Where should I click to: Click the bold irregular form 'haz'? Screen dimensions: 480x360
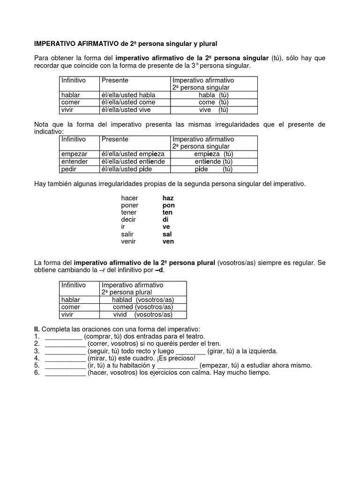[x=168, y=198]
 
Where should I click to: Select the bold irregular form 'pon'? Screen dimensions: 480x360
[x=168, y=205]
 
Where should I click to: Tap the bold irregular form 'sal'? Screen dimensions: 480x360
[x=167, y=234]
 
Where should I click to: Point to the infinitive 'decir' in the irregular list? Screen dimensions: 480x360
[x=128, y=220]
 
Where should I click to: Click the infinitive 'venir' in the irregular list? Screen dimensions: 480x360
[x=128, y=241]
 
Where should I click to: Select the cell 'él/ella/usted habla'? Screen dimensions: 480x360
[x=128, y=95]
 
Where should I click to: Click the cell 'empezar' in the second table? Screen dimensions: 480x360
[x=75, y=154]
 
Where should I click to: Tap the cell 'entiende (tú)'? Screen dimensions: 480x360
[x=214, y=162]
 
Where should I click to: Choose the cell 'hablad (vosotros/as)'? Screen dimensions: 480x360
[x=142, y=300]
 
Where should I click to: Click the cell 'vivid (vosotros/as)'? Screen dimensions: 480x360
[x=143, y=315]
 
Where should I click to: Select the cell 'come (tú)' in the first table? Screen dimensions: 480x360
[x=213, y=103]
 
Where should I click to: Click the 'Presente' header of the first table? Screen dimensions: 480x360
[x=114, y=81]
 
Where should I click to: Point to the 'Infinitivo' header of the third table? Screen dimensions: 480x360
[x=74, y=285]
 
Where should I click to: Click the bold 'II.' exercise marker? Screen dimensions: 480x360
[x=37, y=329]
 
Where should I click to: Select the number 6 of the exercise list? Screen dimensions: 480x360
[x=37, y=373]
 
